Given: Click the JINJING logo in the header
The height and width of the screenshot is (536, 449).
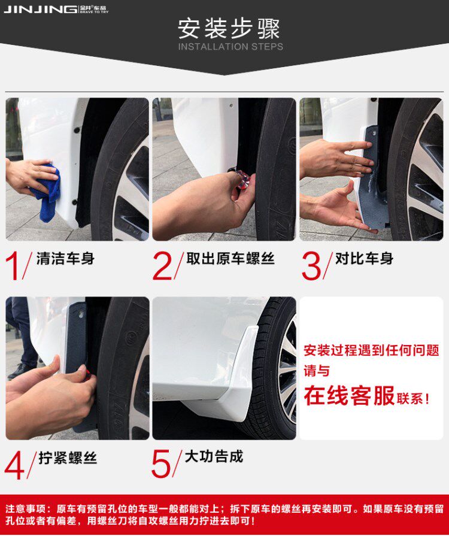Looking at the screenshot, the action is click(56, 9).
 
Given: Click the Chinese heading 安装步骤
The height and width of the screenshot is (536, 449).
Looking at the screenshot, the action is click(229, 29).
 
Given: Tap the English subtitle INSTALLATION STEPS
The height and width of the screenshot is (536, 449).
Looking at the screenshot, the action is click(230, 47).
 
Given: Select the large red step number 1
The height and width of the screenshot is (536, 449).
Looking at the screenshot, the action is click(13, 267).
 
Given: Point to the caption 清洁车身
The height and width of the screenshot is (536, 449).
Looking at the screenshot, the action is click(65, 259).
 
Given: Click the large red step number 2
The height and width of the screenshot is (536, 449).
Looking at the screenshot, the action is click(162, 267).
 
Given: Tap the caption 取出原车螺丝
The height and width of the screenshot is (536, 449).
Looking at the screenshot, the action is click(230, 259).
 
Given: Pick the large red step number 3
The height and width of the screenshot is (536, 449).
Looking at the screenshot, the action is click(311, 267).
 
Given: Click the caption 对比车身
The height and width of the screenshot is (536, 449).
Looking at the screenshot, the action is click(364, 259).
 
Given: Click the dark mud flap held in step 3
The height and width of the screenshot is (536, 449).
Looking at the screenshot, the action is click(373, 178).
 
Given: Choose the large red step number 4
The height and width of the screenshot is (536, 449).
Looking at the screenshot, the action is click(14, 465).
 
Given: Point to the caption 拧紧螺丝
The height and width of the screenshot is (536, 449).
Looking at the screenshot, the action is click(68, 458).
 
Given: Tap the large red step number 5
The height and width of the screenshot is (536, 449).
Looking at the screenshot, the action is click(161, 464).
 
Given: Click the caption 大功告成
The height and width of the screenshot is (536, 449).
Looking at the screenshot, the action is click(214, 456).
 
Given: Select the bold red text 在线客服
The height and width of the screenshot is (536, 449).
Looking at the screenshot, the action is click(349, 395).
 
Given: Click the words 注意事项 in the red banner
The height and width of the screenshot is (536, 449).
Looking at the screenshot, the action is click(25, 509).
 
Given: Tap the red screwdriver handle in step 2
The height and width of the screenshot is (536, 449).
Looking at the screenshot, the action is click(242, 180).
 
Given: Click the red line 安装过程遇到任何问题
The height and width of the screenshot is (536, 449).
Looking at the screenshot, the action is click(371, 350).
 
